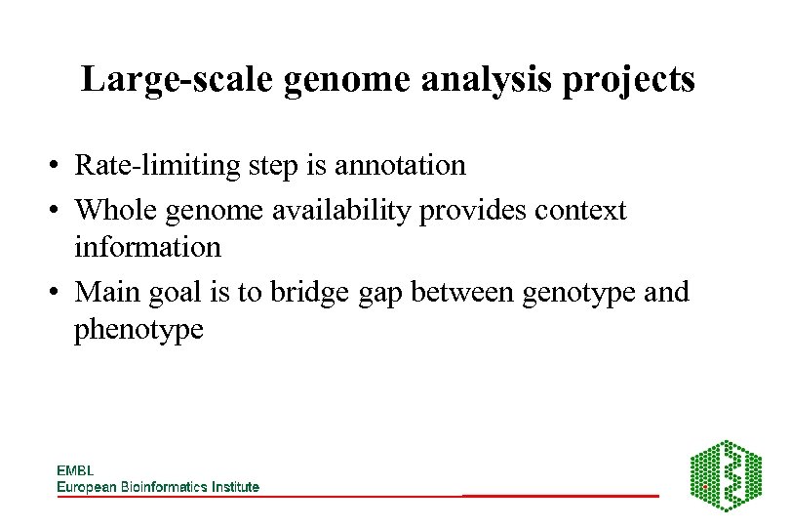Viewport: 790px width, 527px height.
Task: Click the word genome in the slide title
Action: pos(348,79)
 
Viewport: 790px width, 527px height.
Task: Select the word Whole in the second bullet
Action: pos(113,210)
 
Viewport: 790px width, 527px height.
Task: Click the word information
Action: pos(147,247)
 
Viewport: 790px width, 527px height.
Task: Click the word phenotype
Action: pos(138,330)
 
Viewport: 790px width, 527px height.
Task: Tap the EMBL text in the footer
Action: pos(75,470)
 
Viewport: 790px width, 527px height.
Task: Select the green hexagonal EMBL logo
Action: pos(726,475)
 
